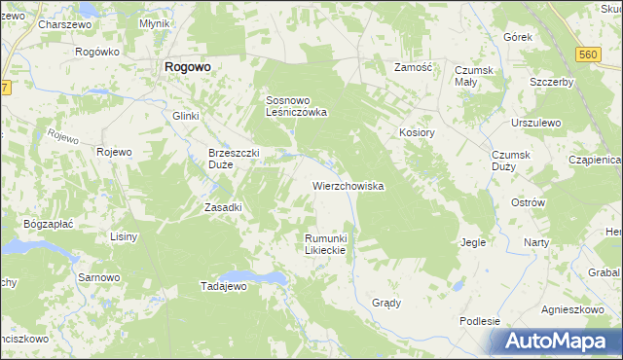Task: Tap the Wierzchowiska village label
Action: (348, 185)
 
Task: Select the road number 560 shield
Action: (585, 56)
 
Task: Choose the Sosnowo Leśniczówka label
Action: (296, 106)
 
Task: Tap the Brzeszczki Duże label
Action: (234, 158)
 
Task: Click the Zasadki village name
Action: (222, 207)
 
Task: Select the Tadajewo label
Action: (225, 287)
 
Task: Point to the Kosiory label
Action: (415, 131)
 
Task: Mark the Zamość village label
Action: (412, 68)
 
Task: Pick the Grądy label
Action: (386, 303)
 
